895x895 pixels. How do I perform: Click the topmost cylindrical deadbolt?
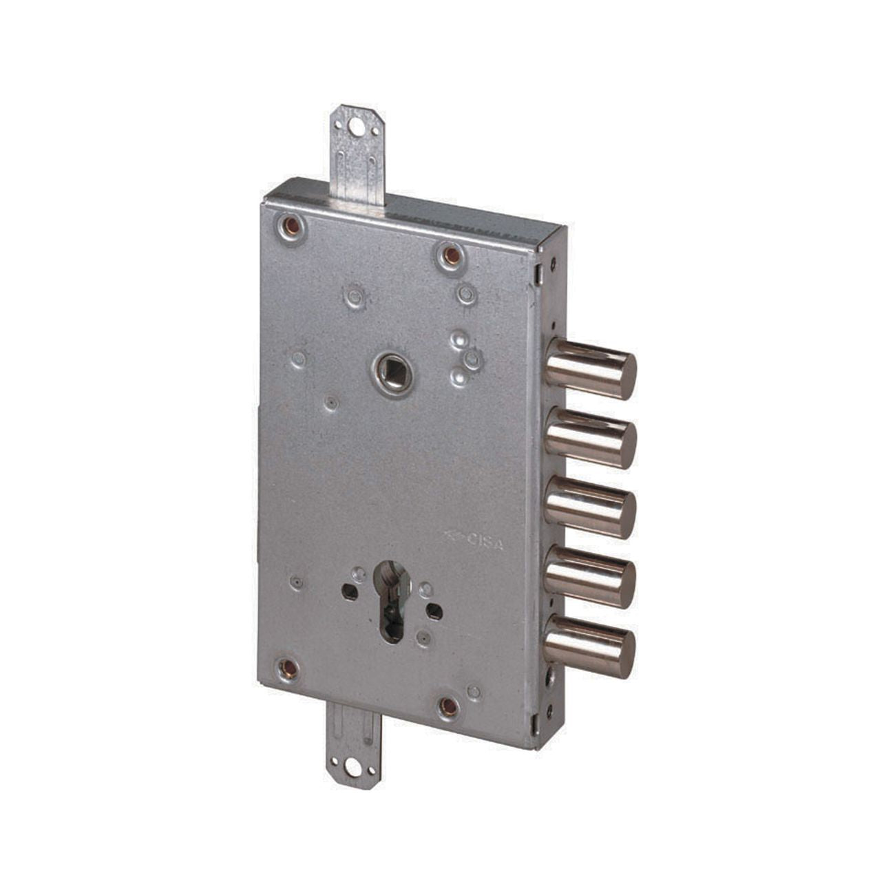pyautogui.click(x=590, y=369)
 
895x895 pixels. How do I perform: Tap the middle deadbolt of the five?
pyautogui.click(x=590, y=507)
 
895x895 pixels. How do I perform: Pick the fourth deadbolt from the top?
pyautogui.click(x=590, y=578)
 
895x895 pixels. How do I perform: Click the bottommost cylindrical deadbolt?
pyautogui.click(x=590, y=647)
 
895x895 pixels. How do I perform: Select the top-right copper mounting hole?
pyautogui.click(x=450, y=255)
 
